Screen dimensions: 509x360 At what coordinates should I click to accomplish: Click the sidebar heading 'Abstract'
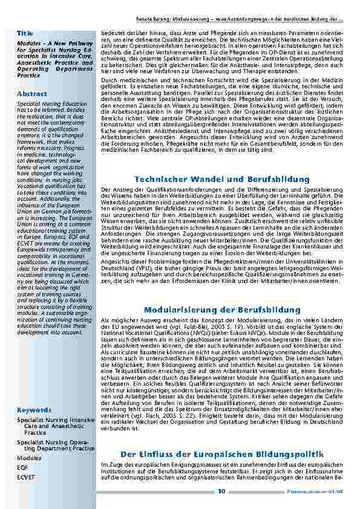(x=32, y=94)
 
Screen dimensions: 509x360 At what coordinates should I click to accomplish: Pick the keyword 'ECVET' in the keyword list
(x=27, y=477)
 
